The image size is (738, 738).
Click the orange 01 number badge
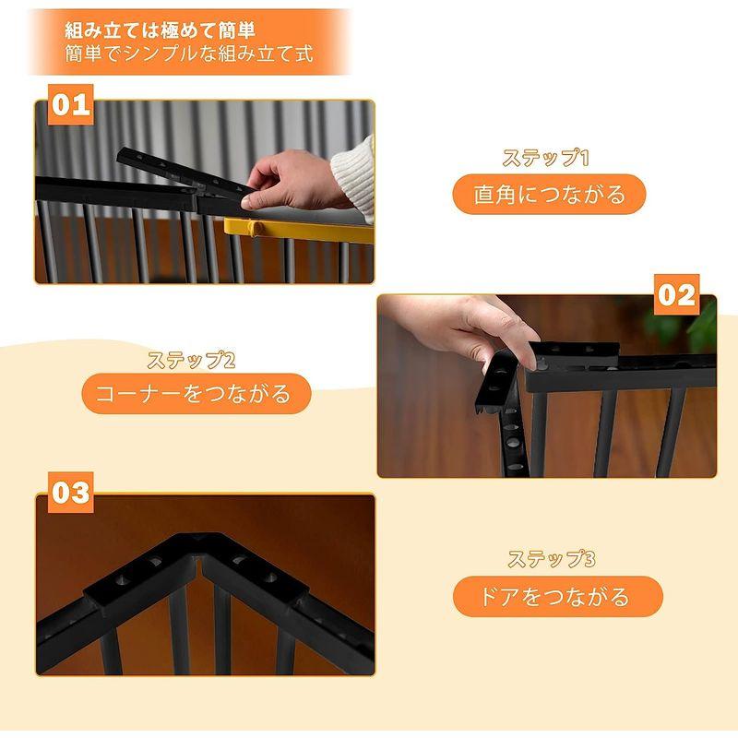tap(71, 103)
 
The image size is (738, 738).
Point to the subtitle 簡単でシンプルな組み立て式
tap(188, 54)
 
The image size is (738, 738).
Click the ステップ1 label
tap(545, 158)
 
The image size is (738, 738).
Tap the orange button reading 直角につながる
tap(549, 195)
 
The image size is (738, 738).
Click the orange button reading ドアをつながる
tap(557, 596)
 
